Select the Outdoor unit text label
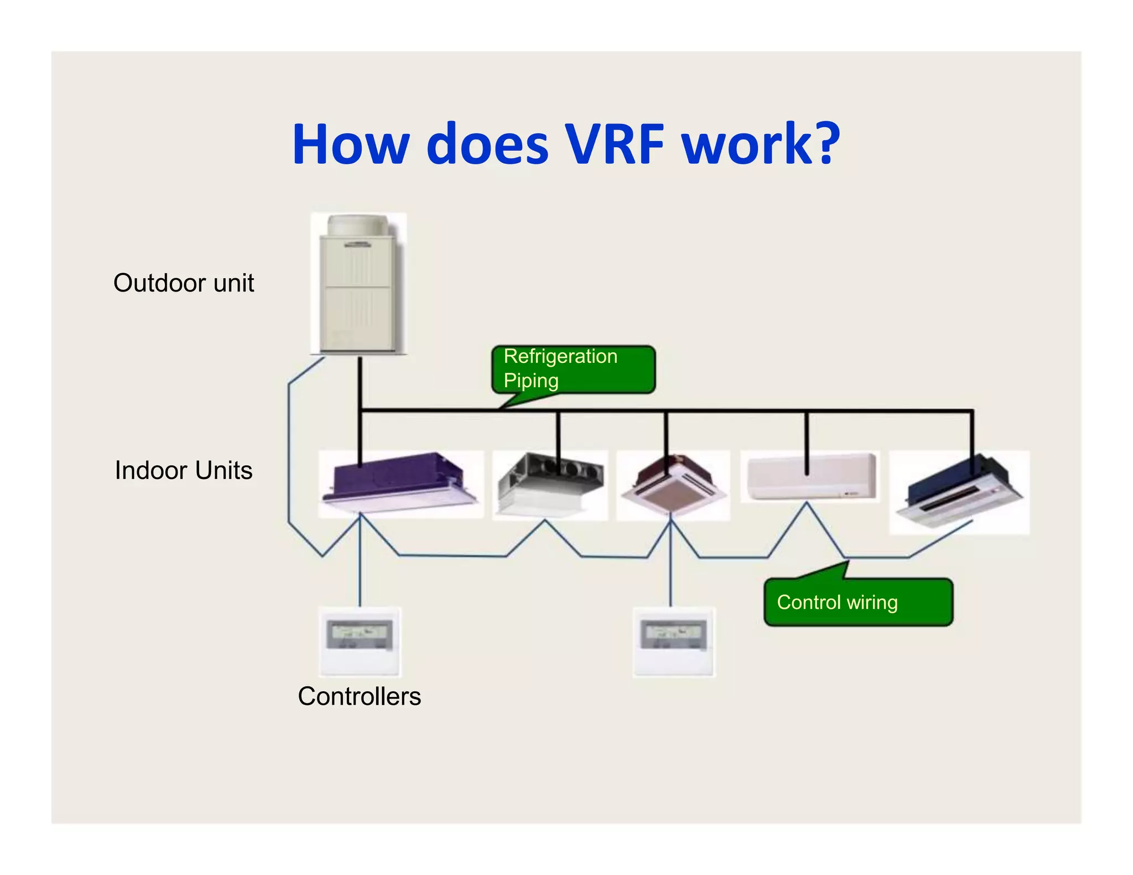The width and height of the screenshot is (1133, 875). pos(183,283)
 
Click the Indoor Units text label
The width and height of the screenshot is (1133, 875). pos(183,470)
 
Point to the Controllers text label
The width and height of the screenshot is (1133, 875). pos(359,696)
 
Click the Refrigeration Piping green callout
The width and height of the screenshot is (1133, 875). pos(573,369)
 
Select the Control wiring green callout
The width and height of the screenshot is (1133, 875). pos(857,602)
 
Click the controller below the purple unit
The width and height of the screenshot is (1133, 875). pos(360,642)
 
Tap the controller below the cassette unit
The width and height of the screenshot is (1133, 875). pos(674,642)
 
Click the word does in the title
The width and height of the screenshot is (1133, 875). pos(488,145)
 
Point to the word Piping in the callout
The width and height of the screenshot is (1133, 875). pos(531,381)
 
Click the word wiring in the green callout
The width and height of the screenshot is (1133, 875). pos(872,602)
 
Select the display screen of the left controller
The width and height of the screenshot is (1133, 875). pos(360,634)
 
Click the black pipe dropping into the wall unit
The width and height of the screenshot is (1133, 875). pos(807,442)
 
